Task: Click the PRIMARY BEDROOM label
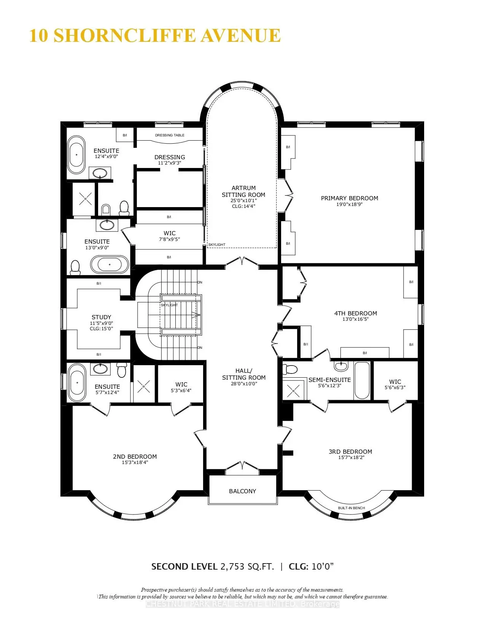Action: (349, 198)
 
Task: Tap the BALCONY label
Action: (242, 491)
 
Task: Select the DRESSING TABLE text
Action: (170, 135)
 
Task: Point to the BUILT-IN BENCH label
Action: (351, 508)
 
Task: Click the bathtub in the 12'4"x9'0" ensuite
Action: (76, 155)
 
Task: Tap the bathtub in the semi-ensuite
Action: (361, 380)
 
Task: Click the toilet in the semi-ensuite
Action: (291, 369)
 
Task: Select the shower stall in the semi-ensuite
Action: (293, 390)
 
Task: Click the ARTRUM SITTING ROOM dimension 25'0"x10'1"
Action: (243, 200)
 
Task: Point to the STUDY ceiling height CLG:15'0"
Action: (101, 329)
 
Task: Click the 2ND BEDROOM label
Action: (135, 456)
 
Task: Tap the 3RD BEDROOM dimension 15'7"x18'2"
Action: (351, 458)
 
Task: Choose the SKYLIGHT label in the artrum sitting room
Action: (217, 245)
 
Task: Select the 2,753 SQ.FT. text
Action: (247, 567)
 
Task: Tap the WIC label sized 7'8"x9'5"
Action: (170, 233)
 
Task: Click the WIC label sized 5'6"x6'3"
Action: (395, 382)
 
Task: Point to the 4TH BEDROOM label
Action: (355, 313)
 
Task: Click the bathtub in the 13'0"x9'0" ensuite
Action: (110, 264)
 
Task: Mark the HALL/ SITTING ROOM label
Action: (243, 374)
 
